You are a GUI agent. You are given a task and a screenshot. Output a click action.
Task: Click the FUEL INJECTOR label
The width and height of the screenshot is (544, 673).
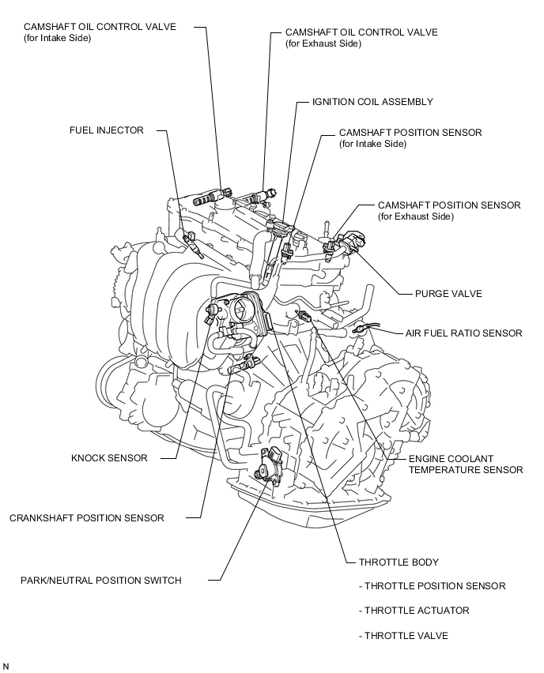tap(107, 130)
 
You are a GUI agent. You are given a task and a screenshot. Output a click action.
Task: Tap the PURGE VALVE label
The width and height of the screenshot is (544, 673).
tap(448, 294)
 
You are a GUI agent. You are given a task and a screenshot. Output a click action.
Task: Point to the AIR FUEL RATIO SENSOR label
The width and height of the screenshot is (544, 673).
tap(463, 333)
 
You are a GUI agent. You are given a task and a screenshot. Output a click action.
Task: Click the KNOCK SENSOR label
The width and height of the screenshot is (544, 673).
tap(109, 457)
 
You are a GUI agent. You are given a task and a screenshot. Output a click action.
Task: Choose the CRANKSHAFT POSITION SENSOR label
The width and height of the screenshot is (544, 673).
tap(87, 518)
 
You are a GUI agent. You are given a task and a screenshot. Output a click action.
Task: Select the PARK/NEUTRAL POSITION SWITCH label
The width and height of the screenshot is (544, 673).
tap(101, 581)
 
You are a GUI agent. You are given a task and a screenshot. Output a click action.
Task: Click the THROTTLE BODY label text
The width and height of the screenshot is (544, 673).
tap(399, 562)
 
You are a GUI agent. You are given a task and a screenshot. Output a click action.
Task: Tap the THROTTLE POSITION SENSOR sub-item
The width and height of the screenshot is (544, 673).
tap(432, 586)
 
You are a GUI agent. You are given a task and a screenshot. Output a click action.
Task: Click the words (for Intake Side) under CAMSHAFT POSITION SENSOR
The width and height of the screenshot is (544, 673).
tap(372, 145)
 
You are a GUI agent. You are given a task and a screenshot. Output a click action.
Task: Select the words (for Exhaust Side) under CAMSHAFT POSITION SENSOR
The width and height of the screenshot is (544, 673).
tap(416, 216)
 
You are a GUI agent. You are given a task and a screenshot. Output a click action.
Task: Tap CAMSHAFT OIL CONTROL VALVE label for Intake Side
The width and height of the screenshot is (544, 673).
tap(100, 26)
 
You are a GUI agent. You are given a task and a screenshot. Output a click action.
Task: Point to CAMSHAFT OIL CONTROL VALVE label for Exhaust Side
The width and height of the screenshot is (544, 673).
tap(361, 32)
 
